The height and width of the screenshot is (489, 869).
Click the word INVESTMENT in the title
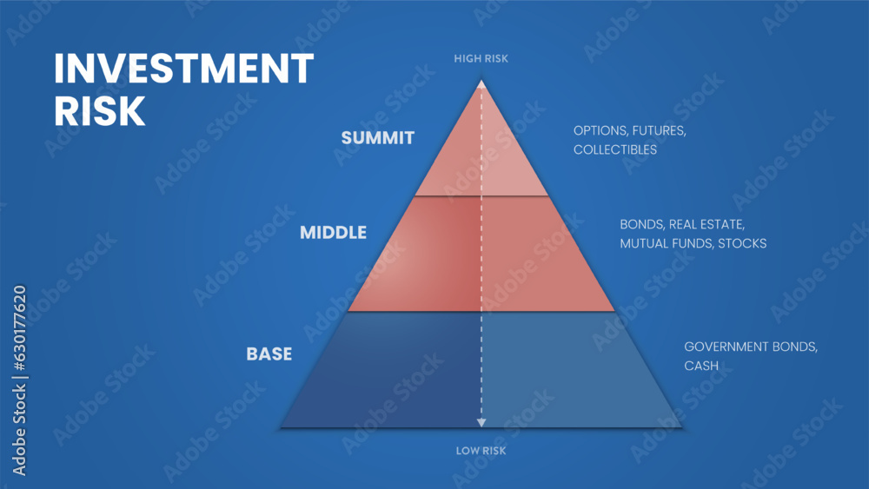(x=183, y=69)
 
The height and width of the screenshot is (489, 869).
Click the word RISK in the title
(x=99, y=111)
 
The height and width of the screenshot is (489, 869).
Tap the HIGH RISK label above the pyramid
(x=481, y=58)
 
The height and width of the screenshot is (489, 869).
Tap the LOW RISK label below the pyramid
(x=481, y=451)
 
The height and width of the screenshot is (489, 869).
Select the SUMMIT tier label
(x=377, y=137)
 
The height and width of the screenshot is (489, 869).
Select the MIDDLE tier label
(x=333, y=233)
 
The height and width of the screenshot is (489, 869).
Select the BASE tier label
(x=269, y=354)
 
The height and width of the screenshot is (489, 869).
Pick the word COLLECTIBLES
(x=614, y=149)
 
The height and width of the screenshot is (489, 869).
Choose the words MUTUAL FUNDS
(x=666, y=243)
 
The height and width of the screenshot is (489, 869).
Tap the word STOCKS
(x=743, y=243)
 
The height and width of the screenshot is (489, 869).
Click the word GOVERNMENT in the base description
(x=726, y=347)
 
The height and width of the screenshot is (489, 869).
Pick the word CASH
(x=701, y=366)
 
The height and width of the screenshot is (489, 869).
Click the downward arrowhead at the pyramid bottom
(x=481, y=422)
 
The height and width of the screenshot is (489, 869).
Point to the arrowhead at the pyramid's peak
(x=481, y=86)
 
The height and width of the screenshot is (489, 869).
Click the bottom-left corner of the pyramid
(x=282, y=426)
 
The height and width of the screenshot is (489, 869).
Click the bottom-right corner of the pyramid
(x=680, y=426)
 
